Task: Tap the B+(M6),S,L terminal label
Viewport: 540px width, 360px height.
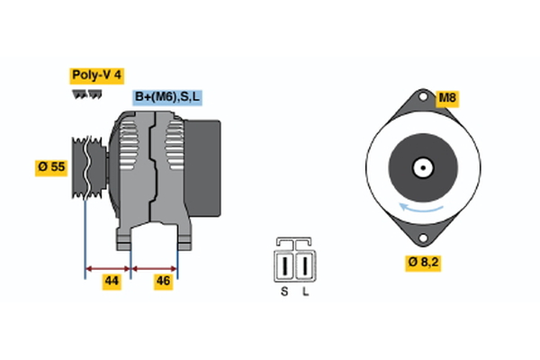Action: point(168,97)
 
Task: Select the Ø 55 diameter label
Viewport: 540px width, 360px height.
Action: point(50,167)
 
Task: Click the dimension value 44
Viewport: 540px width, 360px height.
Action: point(111,282)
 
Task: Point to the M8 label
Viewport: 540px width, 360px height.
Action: point(447,97)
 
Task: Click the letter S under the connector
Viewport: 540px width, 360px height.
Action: point(285,292)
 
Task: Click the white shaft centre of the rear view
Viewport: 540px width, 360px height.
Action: point(421,167)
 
